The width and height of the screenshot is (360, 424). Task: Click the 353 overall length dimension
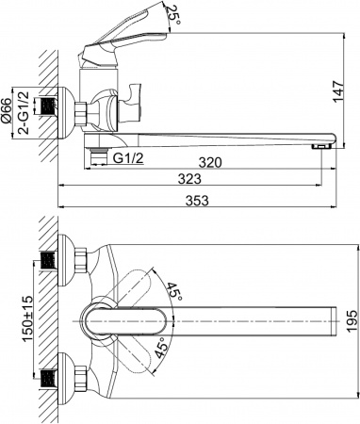click(x=198, y=202)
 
